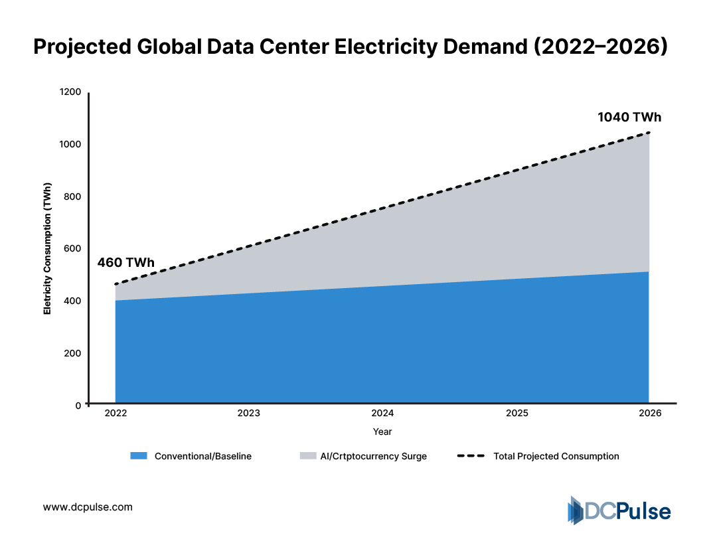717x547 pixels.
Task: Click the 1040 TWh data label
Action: click(629, 117)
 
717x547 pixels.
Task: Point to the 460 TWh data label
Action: click(125, 262)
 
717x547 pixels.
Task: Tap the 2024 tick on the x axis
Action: click(382, 413)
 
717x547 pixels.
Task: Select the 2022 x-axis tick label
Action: click(116, 413)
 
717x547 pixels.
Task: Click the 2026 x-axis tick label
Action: click(649, 413)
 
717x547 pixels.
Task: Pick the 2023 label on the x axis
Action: click(249, 413)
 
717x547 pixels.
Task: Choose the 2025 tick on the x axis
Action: click(517, 413)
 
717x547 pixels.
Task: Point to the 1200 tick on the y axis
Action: click(70, 92)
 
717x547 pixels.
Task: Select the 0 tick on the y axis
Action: click(78, 405)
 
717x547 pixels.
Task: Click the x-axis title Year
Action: click(382, 431)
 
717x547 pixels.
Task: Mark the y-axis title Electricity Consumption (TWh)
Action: click(47, 249)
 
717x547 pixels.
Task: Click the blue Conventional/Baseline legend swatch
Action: click(138, 456)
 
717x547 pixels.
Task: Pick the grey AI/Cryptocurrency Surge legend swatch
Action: click(309, 456)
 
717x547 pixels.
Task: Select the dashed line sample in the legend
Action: click(471, 456)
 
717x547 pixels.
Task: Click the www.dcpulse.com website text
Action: click(88, 507)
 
